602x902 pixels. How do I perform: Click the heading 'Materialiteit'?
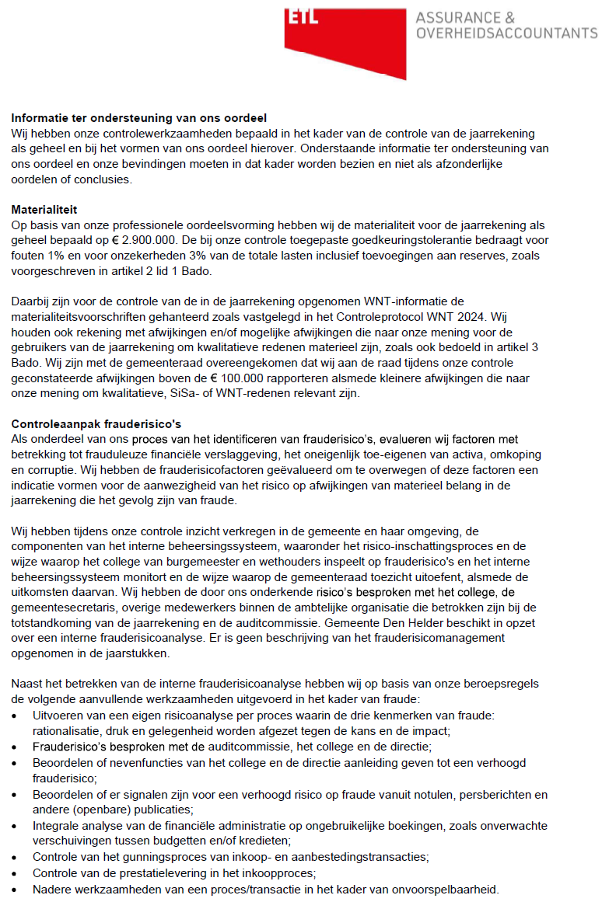tap(44, 210)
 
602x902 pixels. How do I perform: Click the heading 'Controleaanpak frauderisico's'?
tap(96, 423)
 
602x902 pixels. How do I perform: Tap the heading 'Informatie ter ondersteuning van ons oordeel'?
tap(138, 118)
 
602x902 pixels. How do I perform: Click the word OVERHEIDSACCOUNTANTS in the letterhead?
tap(506, 33)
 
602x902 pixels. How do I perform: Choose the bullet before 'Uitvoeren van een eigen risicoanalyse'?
tap(16, 715)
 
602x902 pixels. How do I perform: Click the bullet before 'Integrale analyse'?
tap(16, 826)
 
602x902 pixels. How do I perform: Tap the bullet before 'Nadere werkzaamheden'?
tap(16, 889)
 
